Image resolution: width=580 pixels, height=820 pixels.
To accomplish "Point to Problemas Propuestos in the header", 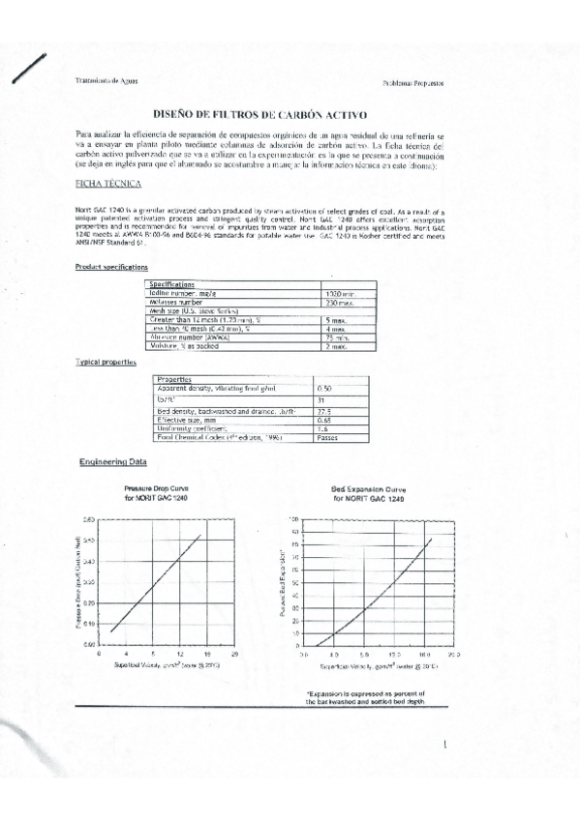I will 413,83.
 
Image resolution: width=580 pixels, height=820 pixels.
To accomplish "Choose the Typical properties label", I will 106,361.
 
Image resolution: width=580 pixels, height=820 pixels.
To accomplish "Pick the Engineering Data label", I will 112,462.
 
